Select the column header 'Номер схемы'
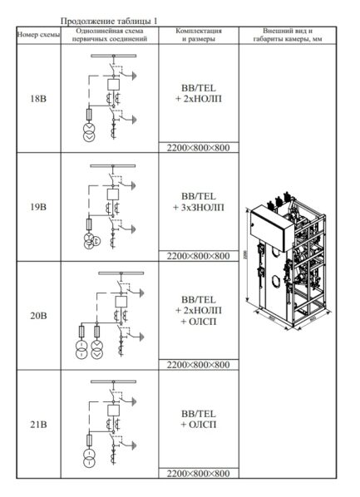coord(37,35)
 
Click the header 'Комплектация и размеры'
coord(197,35)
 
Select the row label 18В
coord(37,98)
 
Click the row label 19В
coord(37,207)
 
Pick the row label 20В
coord(37,316)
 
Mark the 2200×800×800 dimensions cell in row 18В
coord(197,148)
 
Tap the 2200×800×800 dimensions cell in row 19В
coord(197,256)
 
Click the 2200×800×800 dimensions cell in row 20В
coord(197,365)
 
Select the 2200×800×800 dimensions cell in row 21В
coord(197,474)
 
